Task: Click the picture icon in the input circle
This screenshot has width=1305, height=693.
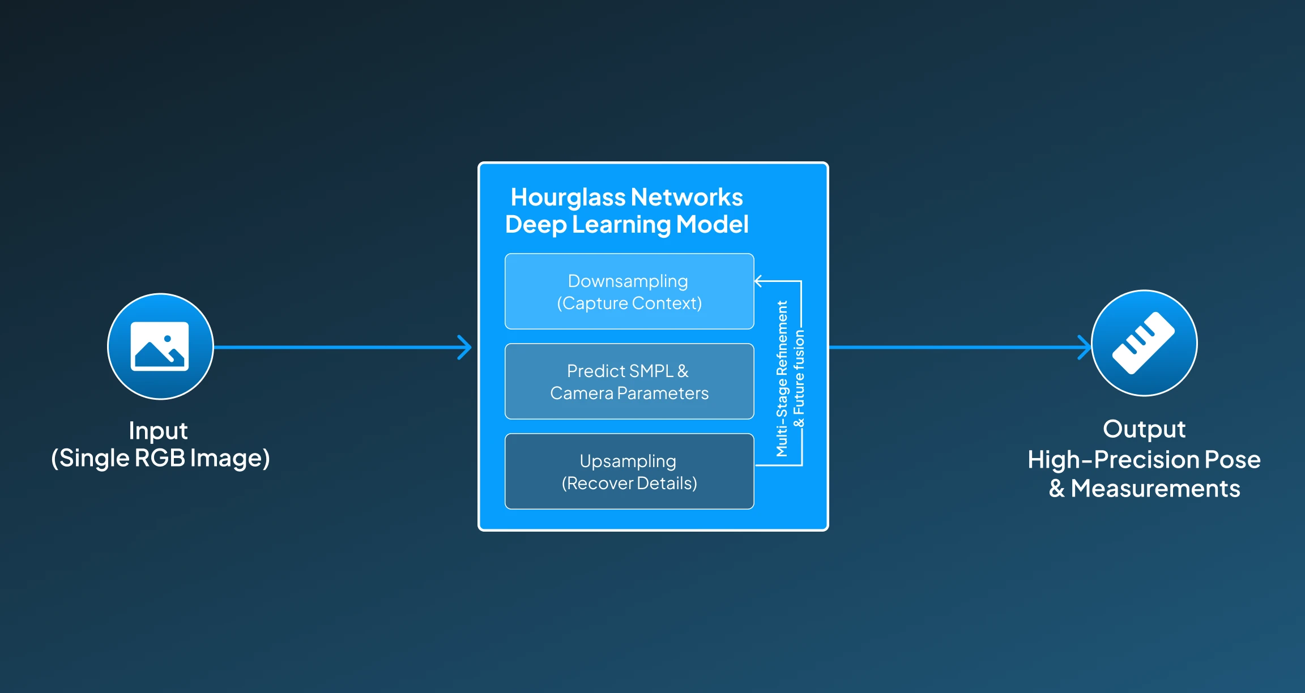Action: click(x=160, y=346)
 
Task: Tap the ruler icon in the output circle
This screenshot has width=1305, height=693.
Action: click(x=1144, y=343)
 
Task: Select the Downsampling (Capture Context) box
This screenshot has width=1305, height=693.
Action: click(x=629, y=291)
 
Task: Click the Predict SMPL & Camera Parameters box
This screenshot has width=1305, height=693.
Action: click(x=629, y=381)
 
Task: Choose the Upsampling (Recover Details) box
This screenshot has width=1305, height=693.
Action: click(x=629, y=471)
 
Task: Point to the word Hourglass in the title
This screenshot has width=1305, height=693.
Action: click(x=568, y=198)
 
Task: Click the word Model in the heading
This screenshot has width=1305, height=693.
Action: click(x=712, y=224)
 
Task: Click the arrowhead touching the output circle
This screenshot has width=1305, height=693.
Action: click(x=1084, y=347)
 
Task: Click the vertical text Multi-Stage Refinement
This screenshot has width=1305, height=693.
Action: click(x=782, y=378)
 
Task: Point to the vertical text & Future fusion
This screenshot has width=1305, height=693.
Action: click(x=799, y=378)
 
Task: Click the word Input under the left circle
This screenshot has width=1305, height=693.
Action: click(x=158, y=431)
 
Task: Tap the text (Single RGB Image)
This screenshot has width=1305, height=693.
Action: click(x=160, y=458)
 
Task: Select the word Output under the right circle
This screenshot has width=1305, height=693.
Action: click(x=1144, y=429)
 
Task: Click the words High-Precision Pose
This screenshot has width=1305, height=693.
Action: click(x=1144, y=459)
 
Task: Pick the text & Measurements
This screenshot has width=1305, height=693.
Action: click(x=1144, y=488)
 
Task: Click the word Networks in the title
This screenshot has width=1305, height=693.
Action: click(x=686, y=198)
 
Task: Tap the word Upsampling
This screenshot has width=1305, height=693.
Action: click(x=628, y=461)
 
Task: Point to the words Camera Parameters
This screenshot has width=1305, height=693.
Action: click(x=629, y=393)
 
